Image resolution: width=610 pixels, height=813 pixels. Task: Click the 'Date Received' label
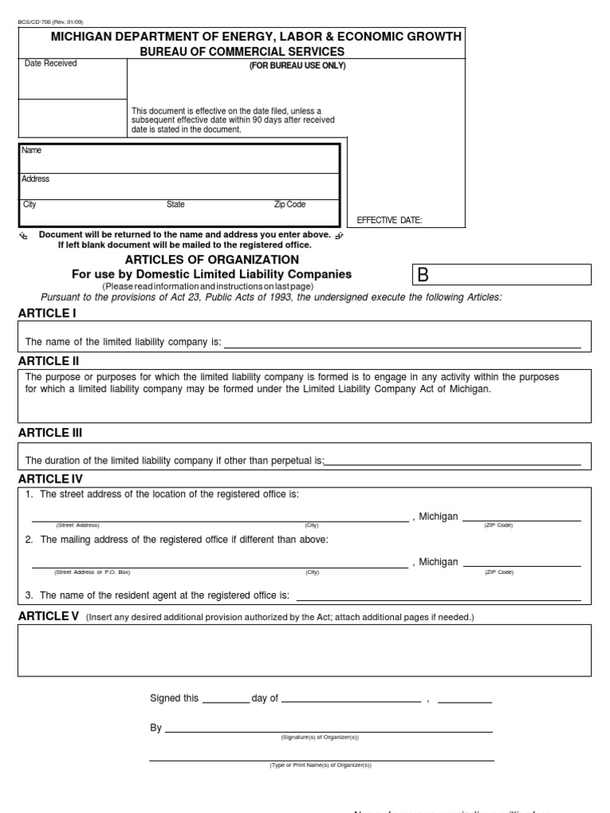coord(51,64)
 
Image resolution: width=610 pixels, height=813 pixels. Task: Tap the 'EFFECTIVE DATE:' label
coord(389,220)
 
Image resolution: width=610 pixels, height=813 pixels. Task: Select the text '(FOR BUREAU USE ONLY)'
coord(298,66)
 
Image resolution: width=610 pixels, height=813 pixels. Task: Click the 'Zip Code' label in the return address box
coord(289,205)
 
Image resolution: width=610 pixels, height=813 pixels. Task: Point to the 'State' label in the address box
coord(176,205)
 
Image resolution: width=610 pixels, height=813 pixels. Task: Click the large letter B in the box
coord(423,275)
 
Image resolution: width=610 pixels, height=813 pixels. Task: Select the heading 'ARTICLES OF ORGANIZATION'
coord(212,260)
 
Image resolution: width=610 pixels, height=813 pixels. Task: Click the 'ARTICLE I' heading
coord(47,313)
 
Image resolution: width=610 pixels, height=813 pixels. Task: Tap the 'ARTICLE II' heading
coord(48,361)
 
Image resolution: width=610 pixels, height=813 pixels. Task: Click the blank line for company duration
coord(453,464)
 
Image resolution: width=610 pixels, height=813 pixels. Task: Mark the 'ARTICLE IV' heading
coord(50,479)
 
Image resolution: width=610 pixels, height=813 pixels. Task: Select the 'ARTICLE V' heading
coord(48,616)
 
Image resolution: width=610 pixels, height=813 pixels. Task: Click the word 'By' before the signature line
coord(156,727)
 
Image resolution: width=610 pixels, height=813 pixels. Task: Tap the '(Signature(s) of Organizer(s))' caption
coord(320,738)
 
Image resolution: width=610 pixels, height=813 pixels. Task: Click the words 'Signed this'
coord(174,699)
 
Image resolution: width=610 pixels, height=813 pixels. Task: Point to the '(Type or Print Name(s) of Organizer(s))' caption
coord(320,765)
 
